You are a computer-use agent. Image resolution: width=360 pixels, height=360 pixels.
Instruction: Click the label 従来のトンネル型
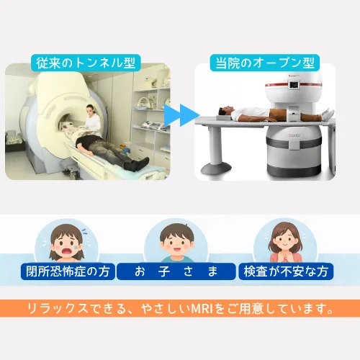click(x=86, y=63)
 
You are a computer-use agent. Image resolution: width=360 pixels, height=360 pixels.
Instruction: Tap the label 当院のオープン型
click(x=265, y=63)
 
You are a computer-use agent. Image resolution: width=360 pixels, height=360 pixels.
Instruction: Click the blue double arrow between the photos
click(x=182, y=115)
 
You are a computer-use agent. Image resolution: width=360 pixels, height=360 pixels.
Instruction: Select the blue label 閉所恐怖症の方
click(x=68, y=271)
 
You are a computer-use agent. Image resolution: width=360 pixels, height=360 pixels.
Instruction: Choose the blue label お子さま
click(x=176, y=271)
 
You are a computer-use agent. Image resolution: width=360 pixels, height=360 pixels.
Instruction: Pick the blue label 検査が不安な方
click(x=286, y=271)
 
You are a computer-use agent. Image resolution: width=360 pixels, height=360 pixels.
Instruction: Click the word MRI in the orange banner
click(x=202, y=309)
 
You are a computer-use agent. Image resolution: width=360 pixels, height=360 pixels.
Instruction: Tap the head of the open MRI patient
click(x=225, y=112)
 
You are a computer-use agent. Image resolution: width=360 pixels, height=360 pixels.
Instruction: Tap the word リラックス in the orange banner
click(x=58, y=309)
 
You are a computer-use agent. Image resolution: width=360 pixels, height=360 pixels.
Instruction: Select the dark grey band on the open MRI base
click(x=294, y=143)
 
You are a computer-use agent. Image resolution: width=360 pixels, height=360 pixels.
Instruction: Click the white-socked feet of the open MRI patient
click(x=328, y=112)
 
